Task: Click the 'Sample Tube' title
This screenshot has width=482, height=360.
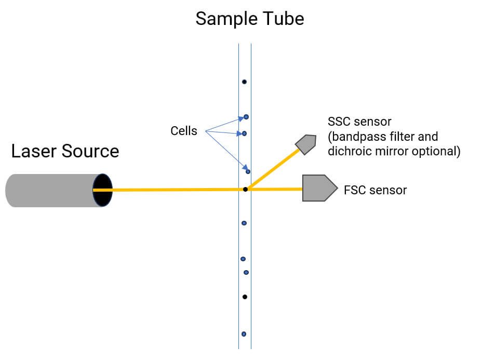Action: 250,19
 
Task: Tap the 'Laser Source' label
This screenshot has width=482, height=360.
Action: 65,151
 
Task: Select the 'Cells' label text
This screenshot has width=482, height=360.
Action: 184,131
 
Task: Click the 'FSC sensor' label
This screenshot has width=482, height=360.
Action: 376,190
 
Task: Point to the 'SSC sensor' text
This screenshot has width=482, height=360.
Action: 359,122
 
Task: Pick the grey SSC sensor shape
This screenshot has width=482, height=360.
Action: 305,144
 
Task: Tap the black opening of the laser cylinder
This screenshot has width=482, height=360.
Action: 103,190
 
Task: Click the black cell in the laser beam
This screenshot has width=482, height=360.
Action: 245,190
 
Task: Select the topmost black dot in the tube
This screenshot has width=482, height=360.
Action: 244,82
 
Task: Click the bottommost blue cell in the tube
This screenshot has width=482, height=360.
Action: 244,334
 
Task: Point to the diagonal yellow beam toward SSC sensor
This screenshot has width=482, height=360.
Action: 274,169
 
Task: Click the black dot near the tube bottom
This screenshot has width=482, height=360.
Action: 245,297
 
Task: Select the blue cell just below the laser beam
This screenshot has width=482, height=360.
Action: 244,223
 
